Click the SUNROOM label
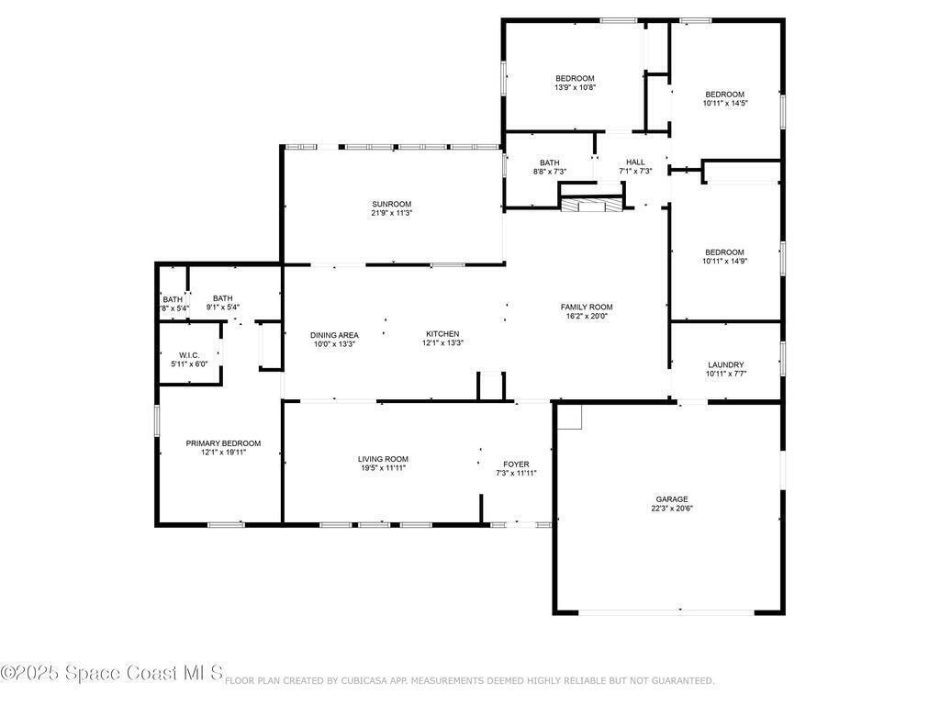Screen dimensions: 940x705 coord(391,204)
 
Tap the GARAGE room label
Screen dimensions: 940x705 coord(671,498)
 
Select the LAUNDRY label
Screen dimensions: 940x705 coord(725,364)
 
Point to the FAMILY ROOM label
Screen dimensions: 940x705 coord(587,307)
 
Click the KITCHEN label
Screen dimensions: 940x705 coord(442,334)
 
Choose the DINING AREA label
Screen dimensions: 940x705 coord(334,335)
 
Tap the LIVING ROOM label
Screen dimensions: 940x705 coord(383,459)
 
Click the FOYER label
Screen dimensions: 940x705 coord(516,464)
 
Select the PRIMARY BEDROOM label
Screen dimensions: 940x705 coord(223,443)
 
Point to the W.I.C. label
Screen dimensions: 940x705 coord(189,355)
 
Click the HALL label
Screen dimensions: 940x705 coord(635,162)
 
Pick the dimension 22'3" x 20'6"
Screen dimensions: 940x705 coord(671,509)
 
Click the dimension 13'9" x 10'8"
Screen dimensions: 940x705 coord(575,87)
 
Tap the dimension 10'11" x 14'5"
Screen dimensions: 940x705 coord(725,103)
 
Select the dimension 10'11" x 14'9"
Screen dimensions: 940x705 coord(724,262)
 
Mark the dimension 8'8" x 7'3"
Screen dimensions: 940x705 coord(549,172)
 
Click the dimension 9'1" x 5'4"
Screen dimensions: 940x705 coord(222,307)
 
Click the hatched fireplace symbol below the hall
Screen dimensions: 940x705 coord(592,206)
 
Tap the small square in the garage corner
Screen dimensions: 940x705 coord(569,418)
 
